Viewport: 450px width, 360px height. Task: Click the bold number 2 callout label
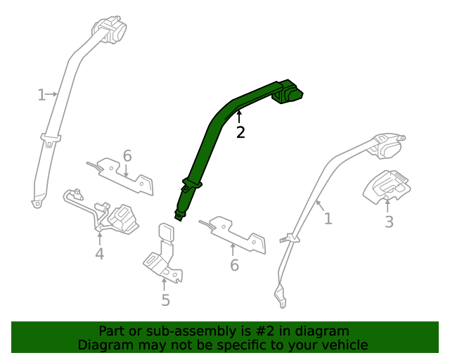click(x=240, y=132)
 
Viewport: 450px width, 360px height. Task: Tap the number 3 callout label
click(x=389, y=221)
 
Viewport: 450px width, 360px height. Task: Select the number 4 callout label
click(x=99, y=254)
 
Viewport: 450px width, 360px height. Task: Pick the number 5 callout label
click(x=166, y=300)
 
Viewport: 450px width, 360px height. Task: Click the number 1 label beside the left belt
click(x=41, y=95)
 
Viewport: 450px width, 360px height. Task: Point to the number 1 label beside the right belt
click(x=328, y=219)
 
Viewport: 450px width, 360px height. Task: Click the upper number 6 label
click(x=127, y=156)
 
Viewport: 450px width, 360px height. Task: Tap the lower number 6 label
click(x=234, y=265)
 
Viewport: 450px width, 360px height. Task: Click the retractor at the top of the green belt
click(x=287, y=92)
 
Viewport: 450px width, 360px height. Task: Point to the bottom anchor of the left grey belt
click(x=37, y=202)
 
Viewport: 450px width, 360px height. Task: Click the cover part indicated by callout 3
click(x=387, y=187)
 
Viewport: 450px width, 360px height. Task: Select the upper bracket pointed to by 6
click(x=122, y=176)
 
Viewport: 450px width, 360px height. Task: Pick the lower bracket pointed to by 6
click(x=234, y=235)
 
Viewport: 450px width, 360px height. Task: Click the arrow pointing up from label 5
click(x=164, y=285)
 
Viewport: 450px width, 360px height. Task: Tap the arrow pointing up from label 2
click(x=239, y=117)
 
